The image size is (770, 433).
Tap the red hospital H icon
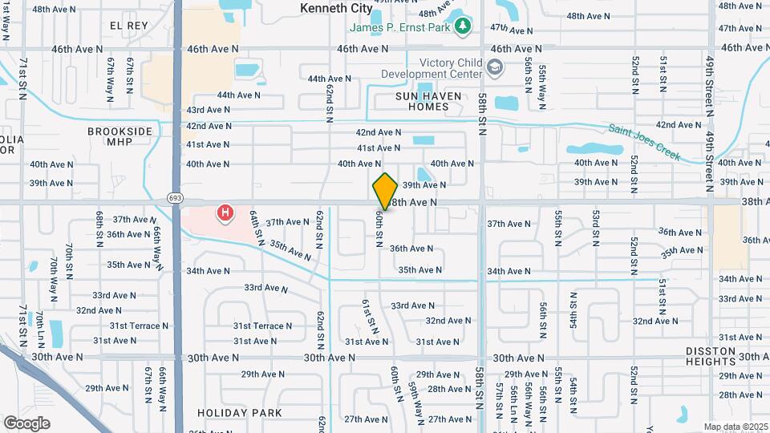226,213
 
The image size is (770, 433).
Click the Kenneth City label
337,8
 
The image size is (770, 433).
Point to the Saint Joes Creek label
644,141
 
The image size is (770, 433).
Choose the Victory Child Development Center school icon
496,68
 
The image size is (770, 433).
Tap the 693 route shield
175,197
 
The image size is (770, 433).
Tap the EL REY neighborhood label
129,26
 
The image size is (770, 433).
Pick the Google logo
27,423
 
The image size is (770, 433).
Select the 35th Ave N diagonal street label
290,250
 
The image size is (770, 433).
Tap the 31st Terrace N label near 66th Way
140,326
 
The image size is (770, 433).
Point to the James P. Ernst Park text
400,28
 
